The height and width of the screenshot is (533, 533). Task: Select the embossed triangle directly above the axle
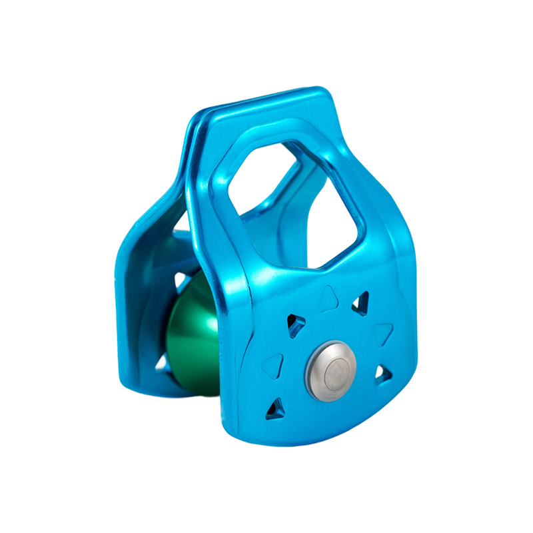[x=328, y=298]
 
